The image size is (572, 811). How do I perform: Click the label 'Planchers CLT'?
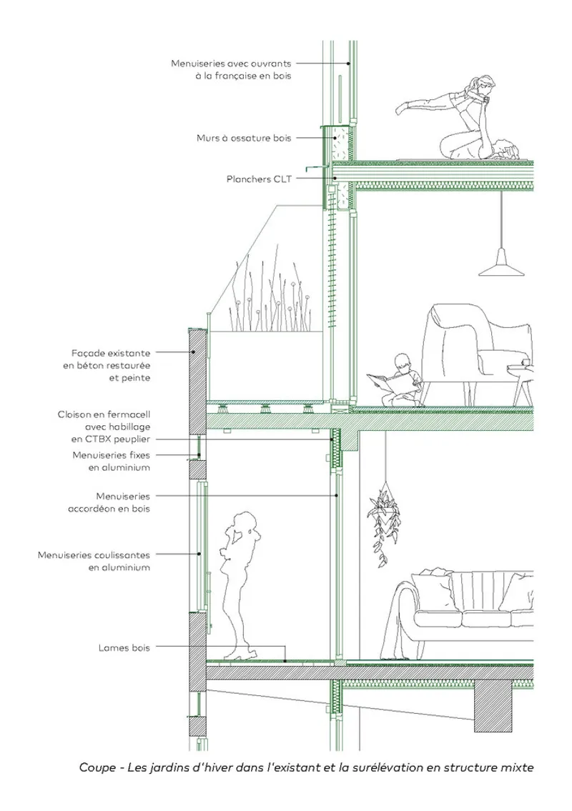259,179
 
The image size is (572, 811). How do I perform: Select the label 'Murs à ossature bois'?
244,138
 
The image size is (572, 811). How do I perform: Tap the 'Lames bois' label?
124,647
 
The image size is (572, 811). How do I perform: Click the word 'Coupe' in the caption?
97,767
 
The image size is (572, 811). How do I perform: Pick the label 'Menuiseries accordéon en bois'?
109,502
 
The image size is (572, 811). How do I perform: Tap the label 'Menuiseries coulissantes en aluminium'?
94,561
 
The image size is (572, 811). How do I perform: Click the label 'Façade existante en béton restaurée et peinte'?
107,365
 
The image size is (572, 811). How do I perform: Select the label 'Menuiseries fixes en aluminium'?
112,462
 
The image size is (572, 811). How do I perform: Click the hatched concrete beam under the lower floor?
493,705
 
